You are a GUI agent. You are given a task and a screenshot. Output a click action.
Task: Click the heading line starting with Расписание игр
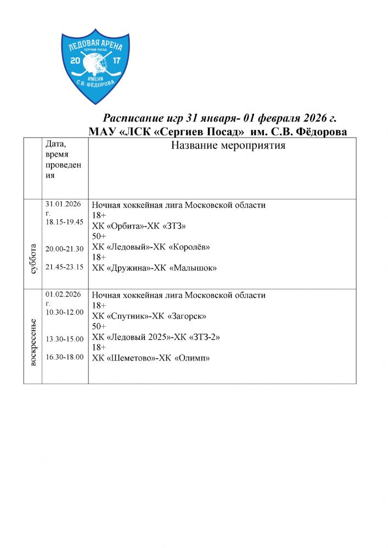coord(220,119)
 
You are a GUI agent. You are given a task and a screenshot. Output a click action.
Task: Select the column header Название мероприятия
coord(228,146)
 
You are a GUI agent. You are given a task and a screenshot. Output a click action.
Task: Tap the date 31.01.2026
coord(63,204)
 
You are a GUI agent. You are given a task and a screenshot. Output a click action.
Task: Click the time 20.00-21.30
coord(64,249)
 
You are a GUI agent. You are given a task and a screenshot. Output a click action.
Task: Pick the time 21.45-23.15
coord(64,267)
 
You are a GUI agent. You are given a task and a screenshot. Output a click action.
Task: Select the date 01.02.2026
coord(63,294)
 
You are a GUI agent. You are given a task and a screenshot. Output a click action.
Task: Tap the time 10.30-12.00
coord(64,312)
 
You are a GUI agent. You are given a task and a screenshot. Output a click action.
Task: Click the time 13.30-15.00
coord(64,339)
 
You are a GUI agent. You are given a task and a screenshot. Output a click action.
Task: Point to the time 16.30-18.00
coord(64,357)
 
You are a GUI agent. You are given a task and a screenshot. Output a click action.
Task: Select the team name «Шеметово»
coord(128,358)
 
